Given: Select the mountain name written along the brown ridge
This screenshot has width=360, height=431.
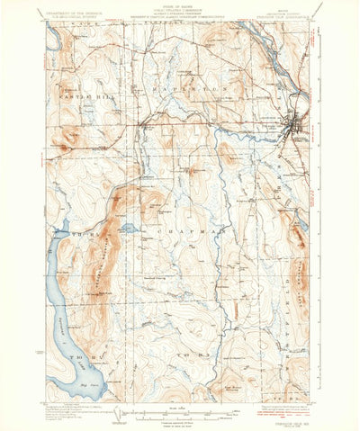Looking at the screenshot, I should click(97, 270).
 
